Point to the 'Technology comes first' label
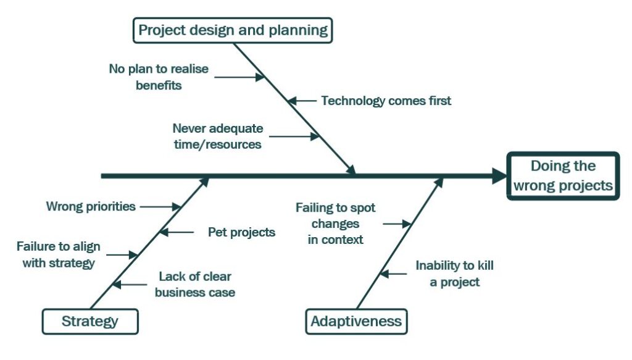[x=386, y=101]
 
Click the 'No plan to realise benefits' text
[x=159, y=77]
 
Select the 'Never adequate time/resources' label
[x=218, y=136]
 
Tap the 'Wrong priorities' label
[x=91, y=206]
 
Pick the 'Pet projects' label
[x=241, y=232]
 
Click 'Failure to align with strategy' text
[x=59, y=254]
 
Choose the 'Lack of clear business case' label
[x=195, y=284]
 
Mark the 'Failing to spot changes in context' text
[x=335, y=224]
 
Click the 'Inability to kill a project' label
[x=455, y=274]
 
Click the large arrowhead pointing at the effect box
[x=499, y=176]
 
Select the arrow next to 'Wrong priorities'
[x=160, y=207]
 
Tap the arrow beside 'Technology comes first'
[x=302, y=101]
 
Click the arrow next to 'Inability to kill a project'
[x=393, y=274]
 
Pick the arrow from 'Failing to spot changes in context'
[x=397, y=224]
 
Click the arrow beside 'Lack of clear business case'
[x=130, y=285]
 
